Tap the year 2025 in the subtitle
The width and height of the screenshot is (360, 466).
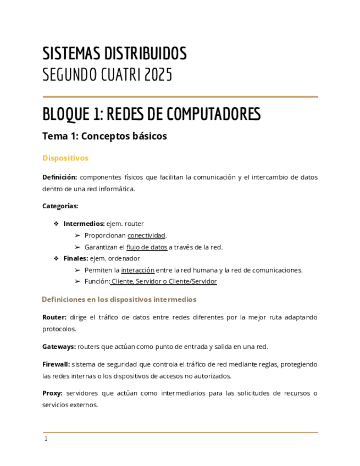[x=158, y=75]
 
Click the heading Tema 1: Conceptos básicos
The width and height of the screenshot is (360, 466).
[x=104, y=136]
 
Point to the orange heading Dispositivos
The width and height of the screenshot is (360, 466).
[x=65, y=158]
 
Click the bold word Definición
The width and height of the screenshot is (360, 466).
[x=60, y=177]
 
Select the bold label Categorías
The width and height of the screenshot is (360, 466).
[x=60, y=206]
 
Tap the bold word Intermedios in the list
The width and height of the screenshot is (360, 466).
[x=83, y=224]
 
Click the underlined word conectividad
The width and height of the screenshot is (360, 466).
[x=146, y=235]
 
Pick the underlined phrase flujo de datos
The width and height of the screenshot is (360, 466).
[x=147, y=247]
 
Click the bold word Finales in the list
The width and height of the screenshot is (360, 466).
[x=75, y=258]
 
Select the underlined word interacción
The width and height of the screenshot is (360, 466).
[x=137, y=270]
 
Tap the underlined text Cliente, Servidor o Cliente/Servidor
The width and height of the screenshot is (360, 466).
[x=164, y=281]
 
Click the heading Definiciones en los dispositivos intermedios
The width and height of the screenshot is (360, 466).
[x=119, y=299]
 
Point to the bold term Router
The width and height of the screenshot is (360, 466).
[x=54, y=317]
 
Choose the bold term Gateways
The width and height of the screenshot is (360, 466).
[x=59, y=346]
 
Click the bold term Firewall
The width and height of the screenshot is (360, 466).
[x=56, y=364]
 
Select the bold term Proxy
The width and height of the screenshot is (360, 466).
[x=53, y=393]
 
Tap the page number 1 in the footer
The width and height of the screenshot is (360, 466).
[x=46, y=439]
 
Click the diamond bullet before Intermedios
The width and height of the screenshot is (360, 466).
[x=56, y=224]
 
